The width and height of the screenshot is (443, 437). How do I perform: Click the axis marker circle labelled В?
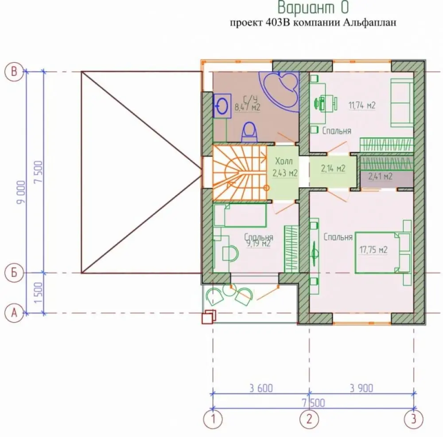(14, 71)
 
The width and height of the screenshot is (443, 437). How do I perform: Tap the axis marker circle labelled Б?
(14, 273)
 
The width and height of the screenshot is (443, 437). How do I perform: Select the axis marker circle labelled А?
(14, 313)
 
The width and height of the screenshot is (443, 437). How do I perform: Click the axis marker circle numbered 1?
(213, 418)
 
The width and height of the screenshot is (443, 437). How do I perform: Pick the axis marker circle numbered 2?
(309, 418)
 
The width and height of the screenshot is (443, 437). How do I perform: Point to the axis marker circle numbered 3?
(414, 418)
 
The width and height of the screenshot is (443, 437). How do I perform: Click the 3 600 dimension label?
(261, 388)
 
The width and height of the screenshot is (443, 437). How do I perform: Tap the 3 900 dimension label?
(361, 388)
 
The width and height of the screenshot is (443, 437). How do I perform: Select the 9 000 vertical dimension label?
(21, 192)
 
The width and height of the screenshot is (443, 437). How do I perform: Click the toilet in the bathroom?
(249, 132)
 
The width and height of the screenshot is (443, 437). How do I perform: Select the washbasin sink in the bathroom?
(222, 106)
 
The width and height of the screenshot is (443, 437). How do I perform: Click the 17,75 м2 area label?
(373, 250)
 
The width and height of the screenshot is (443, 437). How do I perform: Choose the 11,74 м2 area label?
(362, 105)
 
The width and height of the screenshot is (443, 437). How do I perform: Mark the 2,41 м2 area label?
(380, 176)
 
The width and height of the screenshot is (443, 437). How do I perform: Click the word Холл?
(284, 161)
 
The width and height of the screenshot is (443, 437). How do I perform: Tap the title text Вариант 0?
(313, 8)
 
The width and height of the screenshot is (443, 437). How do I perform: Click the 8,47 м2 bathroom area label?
(247, 107)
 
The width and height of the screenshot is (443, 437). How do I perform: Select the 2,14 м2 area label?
(333, 169)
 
